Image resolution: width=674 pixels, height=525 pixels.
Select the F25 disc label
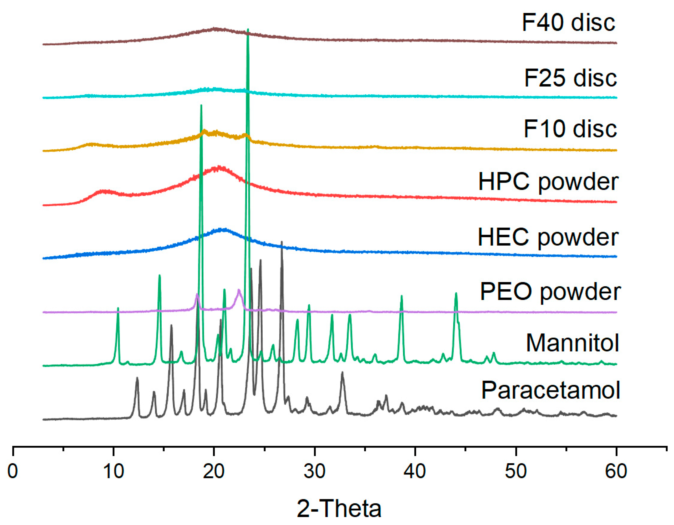click(x=570, y=78)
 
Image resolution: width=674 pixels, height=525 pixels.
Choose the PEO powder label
click(x=550, y=292)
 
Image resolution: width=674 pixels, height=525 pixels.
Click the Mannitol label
click(x=572, y=343)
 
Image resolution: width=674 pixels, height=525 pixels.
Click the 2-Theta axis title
click(x=339, y=508)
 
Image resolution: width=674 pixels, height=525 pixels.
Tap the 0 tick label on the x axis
click(x=13, y=472)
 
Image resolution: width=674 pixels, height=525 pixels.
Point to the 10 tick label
click(x=114, y=472)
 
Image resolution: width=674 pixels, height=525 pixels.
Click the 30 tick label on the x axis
click(x=314, y=472)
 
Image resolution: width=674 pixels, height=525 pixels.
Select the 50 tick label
click(x=516, y=472)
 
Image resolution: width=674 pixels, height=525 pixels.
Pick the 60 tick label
click(x=616, y=472)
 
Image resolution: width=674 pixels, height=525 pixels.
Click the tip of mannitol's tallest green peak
click(x=248, y=30)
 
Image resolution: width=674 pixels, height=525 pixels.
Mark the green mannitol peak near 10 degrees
click(x=118, y=308)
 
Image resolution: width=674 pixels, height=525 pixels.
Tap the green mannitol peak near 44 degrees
click(x=456, y=293)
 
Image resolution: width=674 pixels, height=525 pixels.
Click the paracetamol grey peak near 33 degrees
click(x=342, y=373)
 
